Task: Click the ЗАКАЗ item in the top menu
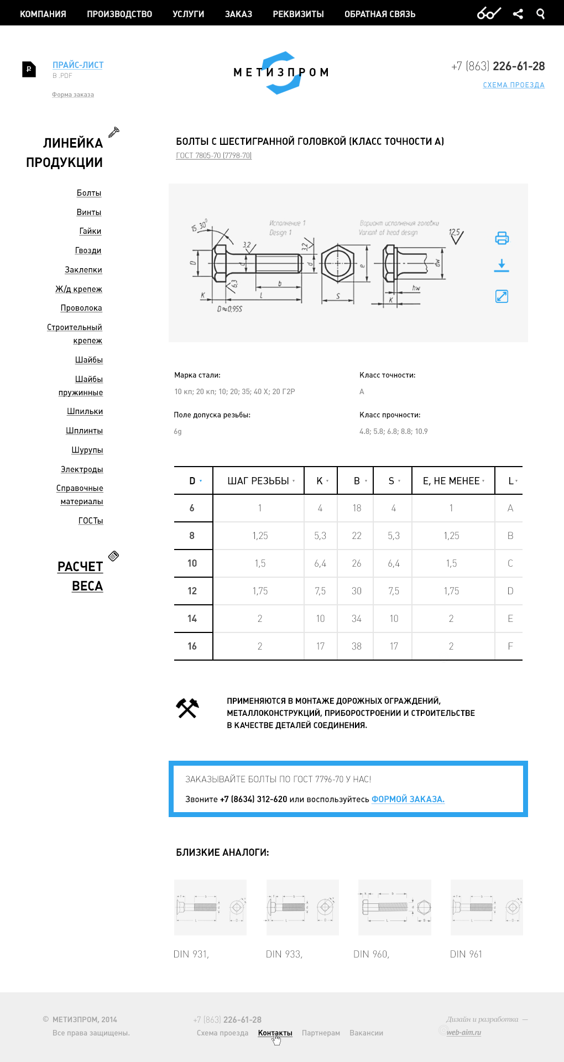(238, 14)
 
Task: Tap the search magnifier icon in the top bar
(540, 14)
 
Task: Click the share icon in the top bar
(518, 14)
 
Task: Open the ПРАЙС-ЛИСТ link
(78, 65)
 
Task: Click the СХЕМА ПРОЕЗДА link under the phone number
(514, 85)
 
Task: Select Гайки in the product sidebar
(90, 231)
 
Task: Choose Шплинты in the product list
(85, 431)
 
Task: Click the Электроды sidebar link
(82, 469)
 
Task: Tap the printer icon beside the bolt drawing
(502, 238)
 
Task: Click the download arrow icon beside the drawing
(502, 266)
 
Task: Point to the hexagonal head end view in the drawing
(337, 264)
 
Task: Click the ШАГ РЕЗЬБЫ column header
(258, 481)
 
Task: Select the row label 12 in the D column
(192, 591)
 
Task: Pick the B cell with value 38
(357, 646)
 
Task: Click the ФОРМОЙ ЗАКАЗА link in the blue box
(408, 799)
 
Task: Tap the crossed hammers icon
(187, 708)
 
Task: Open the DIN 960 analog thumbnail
(394, 907)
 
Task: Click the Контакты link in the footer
(275, 1033)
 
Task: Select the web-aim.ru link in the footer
(463, 1032)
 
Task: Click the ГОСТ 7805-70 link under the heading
(213, 156)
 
